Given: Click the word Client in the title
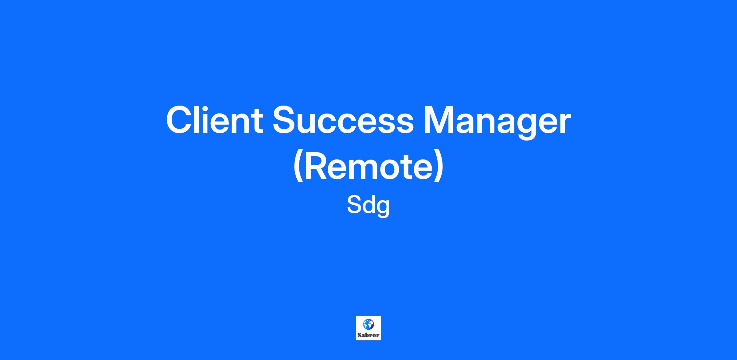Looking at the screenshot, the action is [215, 120].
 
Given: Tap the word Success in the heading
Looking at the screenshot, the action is [343, 120].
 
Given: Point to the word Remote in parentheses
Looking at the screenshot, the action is [368, 166].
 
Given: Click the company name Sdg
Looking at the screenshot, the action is [368, 207].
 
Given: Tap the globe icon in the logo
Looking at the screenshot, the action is [368, 324].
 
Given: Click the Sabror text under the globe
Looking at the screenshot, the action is [368, 335].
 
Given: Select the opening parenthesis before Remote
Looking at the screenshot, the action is [298, 167].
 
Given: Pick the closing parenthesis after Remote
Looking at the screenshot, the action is [439, 167].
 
